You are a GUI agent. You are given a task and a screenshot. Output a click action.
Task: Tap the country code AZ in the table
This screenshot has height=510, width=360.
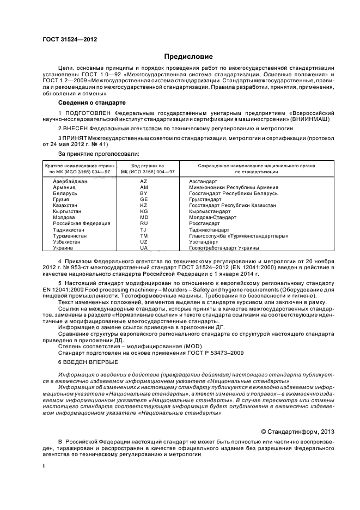(144, 181)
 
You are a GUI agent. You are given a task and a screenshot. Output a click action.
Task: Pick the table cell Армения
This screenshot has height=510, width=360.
(64, 187)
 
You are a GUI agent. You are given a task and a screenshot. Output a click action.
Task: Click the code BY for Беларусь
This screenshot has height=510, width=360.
(144, 193)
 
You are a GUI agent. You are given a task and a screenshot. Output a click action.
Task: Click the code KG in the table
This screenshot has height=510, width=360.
(144, 211)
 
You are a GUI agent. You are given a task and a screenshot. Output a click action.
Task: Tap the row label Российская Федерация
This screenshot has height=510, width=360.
(81, 223)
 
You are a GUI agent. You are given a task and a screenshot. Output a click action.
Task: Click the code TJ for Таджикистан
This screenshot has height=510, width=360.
(144, 229)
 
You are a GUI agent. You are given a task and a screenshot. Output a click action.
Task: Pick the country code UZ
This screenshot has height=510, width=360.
(144, 241)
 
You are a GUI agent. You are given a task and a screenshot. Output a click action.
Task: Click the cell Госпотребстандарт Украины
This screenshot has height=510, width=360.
(224, 247)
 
